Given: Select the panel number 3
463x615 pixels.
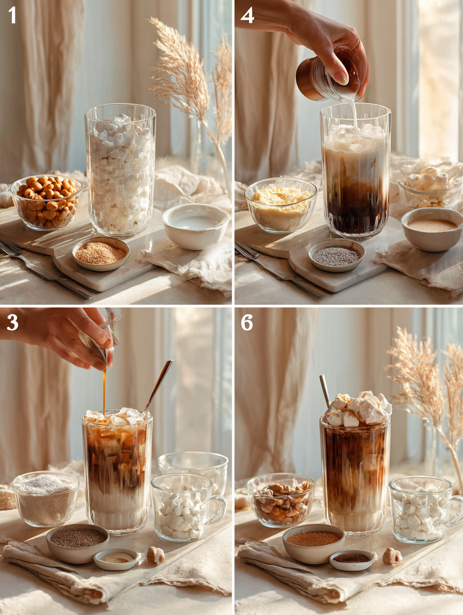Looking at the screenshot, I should [x=12, y=322].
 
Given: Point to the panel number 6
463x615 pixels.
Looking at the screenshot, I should [x=247, y=322].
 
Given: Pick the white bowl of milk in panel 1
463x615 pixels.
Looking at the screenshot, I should [x=195, y=225].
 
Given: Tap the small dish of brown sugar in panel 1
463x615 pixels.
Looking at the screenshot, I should [x=101, y=253].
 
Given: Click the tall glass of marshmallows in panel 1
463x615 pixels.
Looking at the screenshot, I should [x=120, y=170].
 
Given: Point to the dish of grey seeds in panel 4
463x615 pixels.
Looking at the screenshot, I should [x=336, y=256].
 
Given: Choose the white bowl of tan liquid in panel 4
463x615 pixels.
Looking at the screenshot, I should [x=432, y=229].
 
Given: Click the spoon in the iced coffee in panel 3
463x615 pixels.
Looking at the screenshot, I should [x=159, y=384].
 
